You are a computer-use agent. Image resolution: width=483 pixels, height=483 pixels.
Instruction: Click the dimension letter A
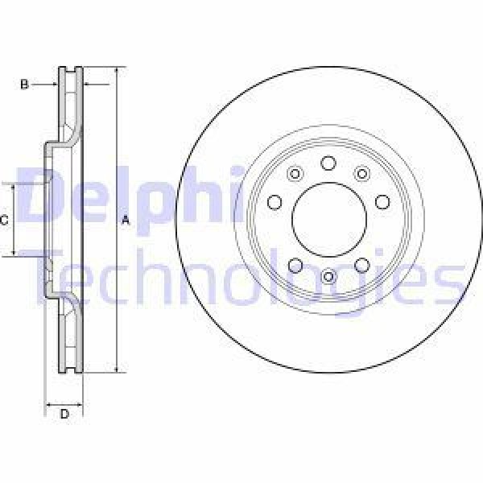(x=125, y=220)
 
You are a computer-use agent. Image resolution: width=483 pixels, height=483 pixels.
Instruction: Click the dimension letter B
(x=24, y=84)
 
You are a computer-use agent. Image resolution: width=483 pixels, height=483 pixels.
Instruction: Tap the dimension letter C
(x=5, y=220)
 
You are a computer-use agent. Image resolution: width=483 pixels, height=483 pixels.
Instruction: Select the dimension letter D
(x=64, y=414)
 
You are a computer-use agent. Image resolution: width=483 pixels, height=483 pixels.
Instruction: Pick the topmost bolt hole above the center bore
(x=328, y=163)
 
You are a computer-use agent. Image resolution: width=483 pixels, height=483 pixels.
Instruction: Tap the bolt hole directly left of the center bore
(x=274, y=202)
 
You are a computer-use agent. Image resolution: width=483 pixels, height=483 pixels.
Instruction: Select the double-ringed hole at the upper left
(x=294, y=174)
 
